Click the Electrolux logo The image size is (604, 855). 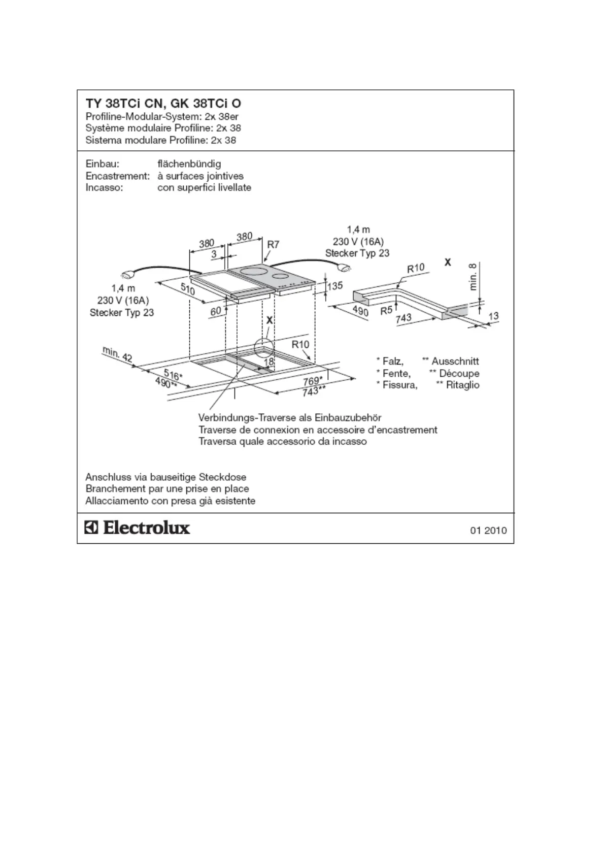(137, 528)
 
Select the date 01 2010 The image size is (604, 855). (488, 531)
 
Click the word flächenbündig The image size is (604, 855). (189, 164)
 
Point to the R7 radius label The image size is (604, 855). (273, 244)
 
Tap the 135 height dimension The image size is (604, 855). (335, 286)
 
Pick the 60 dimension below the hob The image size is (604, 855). (216, 310)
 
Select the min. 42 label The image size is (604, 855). (117, 354)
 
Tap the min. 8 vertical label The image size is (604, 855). (473, 277)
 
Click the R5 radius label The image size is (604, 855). (386, 310)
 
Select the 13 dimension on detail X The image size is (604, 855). (493, 316)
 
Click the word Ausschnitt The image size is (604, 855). (455, 361)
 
